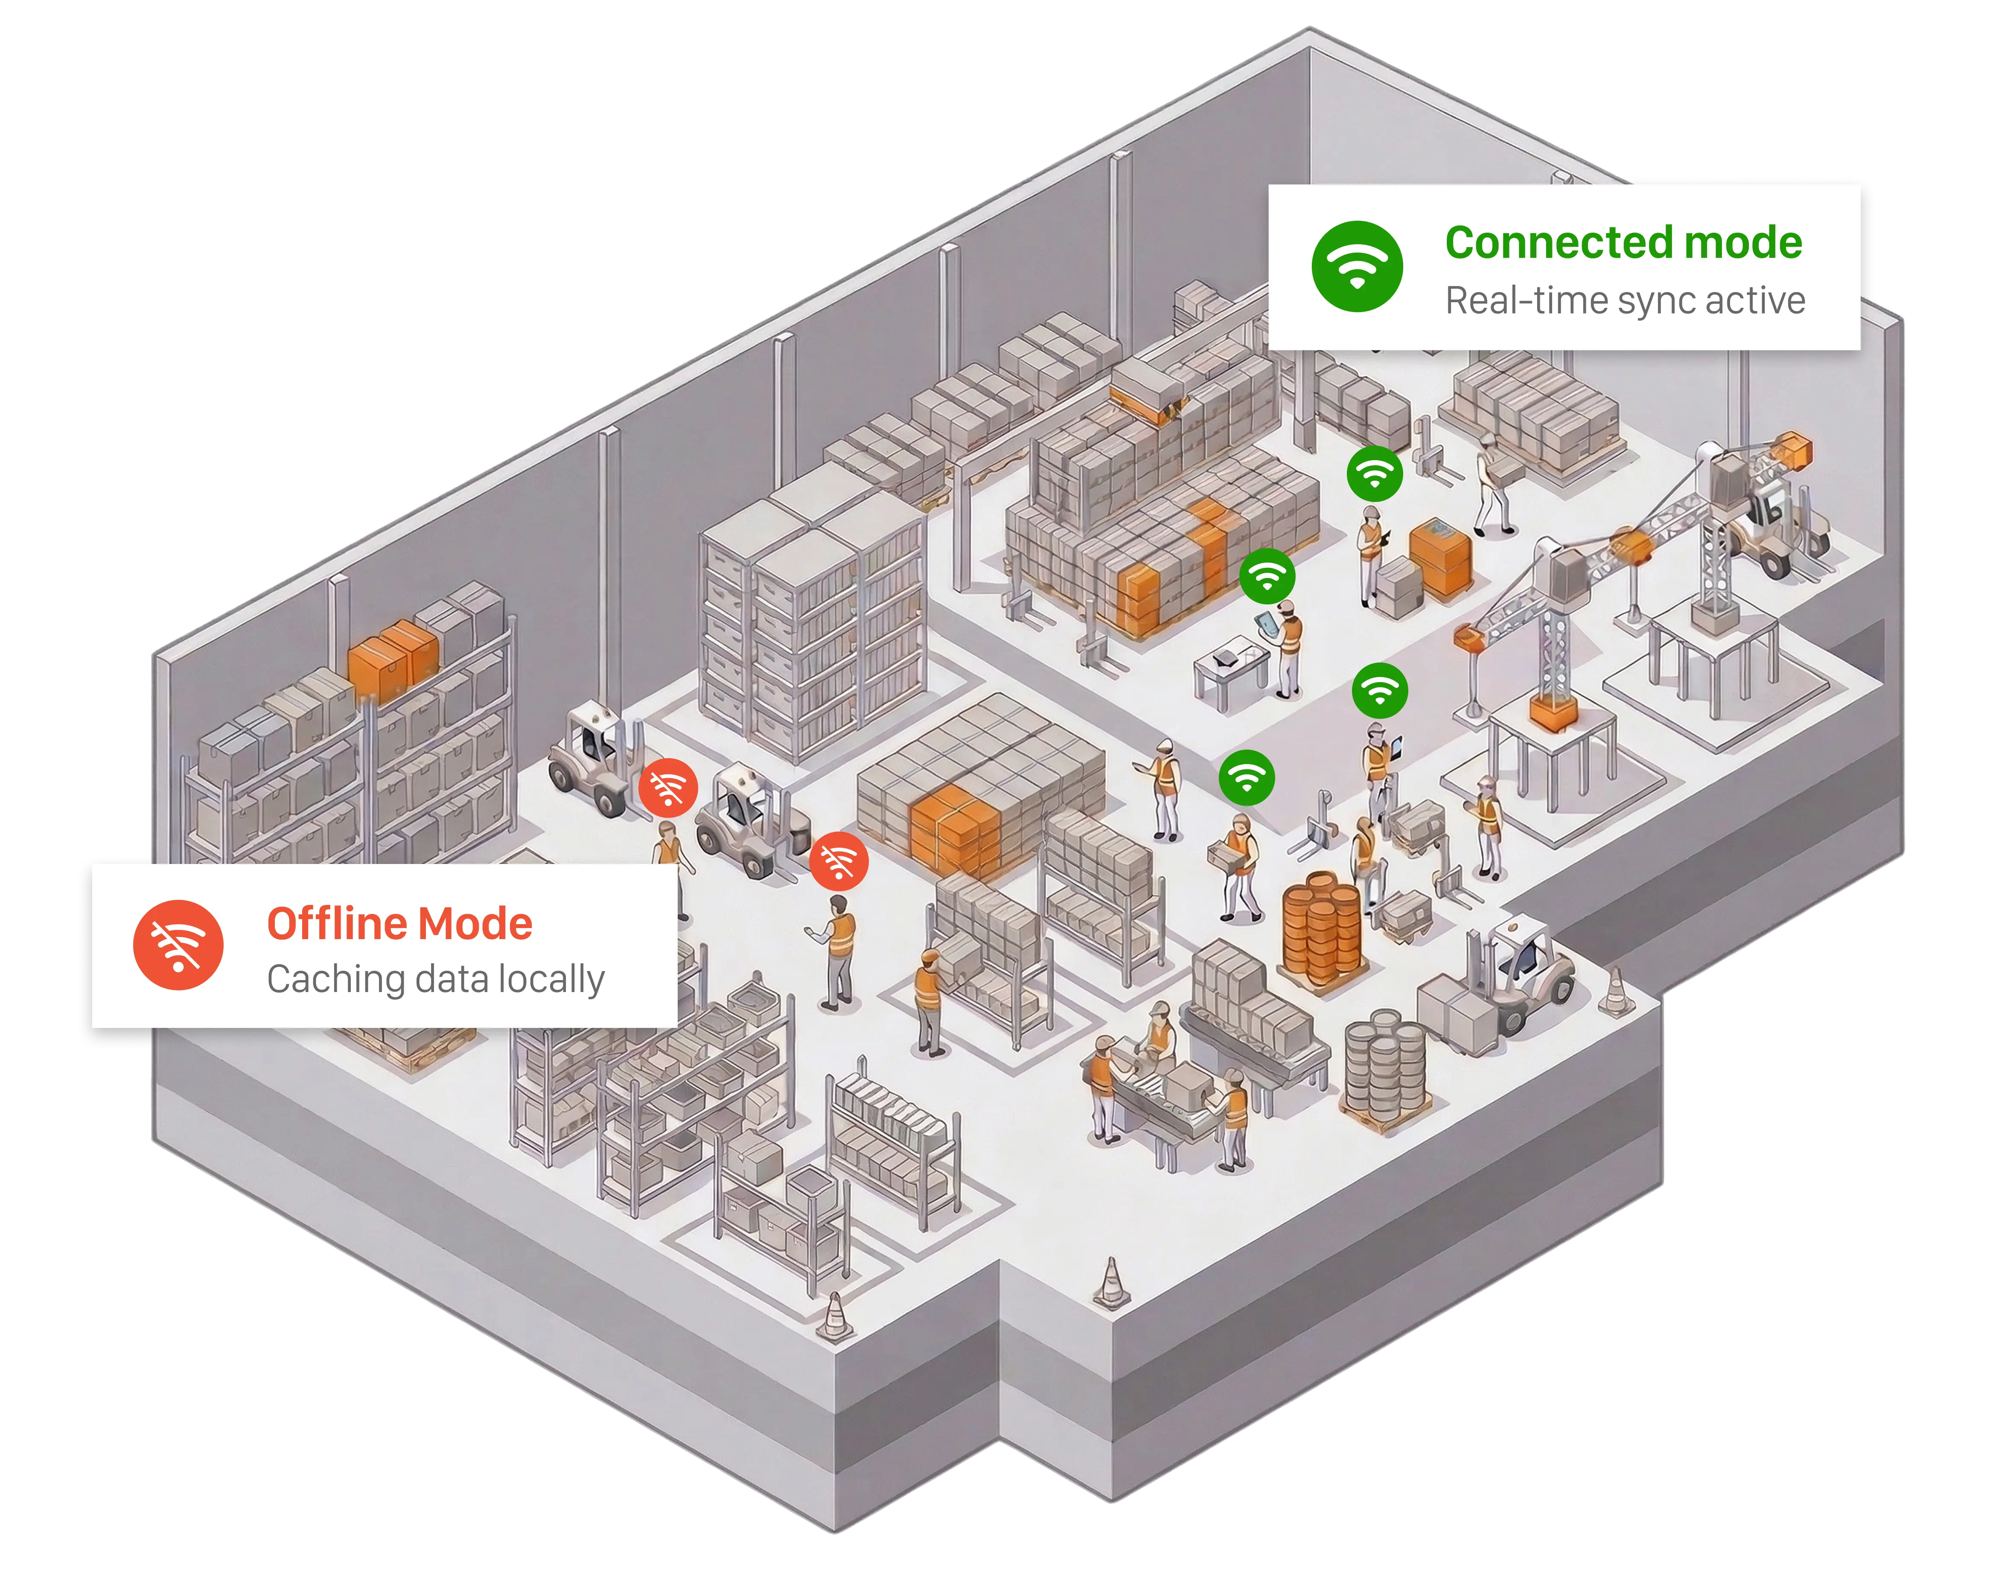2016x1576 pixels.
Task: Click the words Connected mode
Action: (x=1623, y=243)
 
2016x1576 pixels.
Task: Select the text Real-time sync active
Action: (x=1625, y=301)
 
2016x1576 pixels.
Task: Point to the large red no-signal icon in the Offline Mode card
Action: (x=178, y=945)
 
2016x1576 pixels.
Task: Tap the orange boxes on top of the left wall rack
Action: (x=392, y=657)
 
